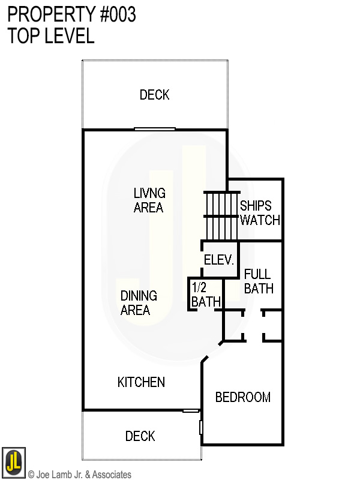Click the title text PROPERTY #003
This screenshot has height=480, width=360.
[71, 14]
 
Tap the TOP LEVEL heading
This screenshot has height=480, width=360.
[50, 36]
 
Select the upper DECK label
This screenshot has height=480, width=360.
[154, 95]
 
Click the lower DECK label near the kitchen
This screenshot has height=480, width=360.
[140, 436]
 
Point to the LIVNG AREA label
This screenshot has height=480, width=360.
[149, 200]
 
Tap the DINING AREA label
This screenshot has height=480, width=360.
[139, 303]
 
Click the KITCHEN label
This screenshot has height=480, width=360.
[141, 382]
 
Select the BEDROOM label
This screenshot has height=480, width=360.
[242, 397]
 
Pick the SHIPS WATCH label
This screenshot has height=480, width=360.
[259, 212]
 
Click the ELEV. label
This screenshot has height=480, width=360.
[218, 260]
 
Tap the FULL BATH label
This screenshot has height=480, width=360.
[259, 281]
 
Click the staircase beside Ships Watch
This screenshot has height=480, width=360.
[221, 215]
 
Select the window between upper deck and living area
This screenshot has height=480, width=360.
[154, 128]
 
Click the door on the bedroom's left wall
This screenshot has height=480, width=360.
[201, 427]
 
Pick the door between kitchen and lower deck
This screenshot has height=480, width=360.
[191, 411]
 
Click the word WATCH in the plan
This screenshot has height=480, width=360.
[260, 220]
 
